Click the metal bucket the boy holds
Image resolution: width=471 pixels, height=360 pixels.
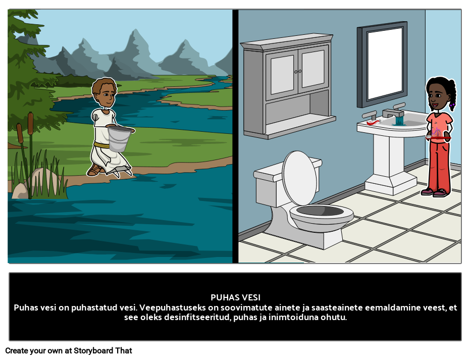click(119, 138)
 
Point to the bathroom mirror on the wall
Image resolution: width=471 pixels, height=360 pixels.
click(382, 64)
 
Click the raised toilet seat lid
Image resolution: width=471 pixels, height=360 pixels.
click(299, 178)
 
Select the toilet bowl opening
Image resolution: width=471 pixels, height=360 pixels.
click(320, 211)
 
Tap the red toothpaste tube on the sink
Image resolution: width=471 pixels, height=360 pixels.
click(373, 122)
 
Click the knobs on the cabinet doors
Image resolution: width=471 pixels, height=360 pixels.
click(298, 72)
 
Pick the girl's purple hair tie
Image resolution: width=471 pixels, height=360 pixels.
click(452, 105)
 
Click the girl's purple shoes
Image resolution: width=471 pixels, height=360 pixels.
click(434, 192)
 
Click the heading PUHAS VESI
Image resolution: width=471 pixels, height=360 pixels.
click(235, 297)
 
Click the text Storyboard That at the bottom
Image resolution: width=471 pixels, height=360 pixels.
click(102, 351)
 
